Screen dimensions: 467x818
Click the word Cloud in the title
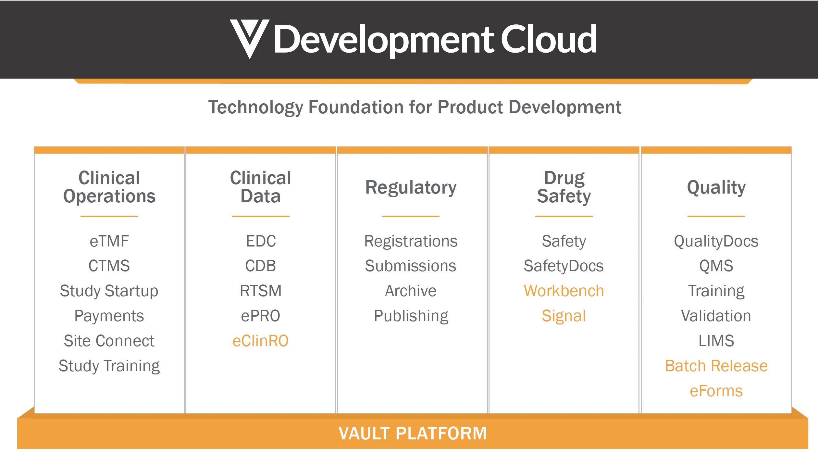[x=549, y=39]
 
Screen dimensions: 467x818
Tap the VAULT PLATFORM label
[x=413, y=433]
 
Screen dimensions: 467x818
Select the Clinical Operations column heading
[x=109, y=187]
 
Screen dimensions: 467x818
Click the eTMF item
[x=109, y=241]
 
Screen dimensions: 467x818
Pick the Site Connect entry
[x=109, y=341]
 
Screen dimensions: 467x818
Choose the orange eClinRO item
[x=260, y=341]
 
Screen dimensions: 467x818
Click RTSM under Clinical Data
[x=260, y=291]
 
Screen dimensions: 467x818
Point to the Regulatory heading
[x=411, y=187]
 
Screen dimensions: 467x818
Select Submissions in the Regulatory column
[x=411, y=266]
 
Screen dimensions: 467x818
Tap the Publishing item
[x=411, y=316]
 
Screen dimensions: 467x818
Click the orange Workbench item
[x=564, y=291]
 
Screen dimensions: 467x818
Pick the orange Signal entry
[x=564, y=316]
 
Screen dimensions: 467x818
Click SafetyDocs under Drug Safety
[x=564, y=266]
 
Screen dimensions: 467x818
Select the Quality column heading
[x=716, y=187]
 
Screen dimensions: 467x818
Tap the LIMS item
[x=716, y=341]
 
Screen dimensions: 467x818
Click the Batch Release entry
[x=716, y=366]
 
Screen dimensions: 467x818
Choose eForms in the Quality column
[x=716, y=391]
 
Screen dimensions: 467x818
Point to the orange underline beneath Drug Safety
[x=564, y=216]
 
